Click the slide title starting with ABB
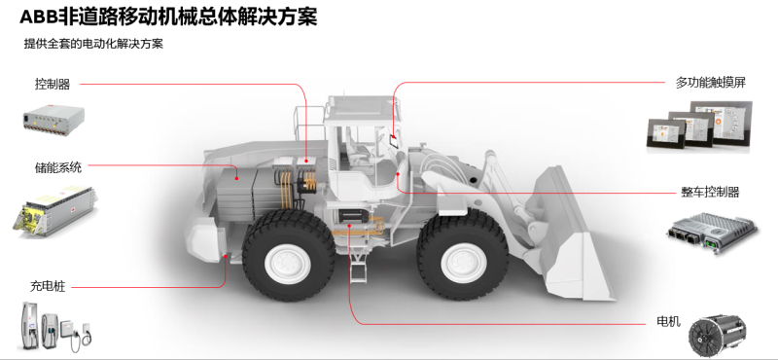tap(168, 18)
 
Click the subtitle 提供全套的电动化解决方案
tap(93, 44)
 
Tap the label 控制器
tap(53, 84)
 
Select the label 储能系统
tap(58, 167)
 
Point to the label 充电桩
tap(47, 286)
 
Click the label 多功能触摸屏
tap(711, 83)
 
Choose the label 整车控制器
tap(710, 192)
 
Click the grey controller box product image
tap(53, 118)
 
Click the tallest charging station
tap(29, 325)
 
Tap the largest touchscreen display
tap(722, 123)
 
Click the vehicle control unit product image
tap(712, 233)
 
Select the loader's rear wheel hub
tap(287, 261)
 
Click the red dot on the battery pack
tap(236, 178)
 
